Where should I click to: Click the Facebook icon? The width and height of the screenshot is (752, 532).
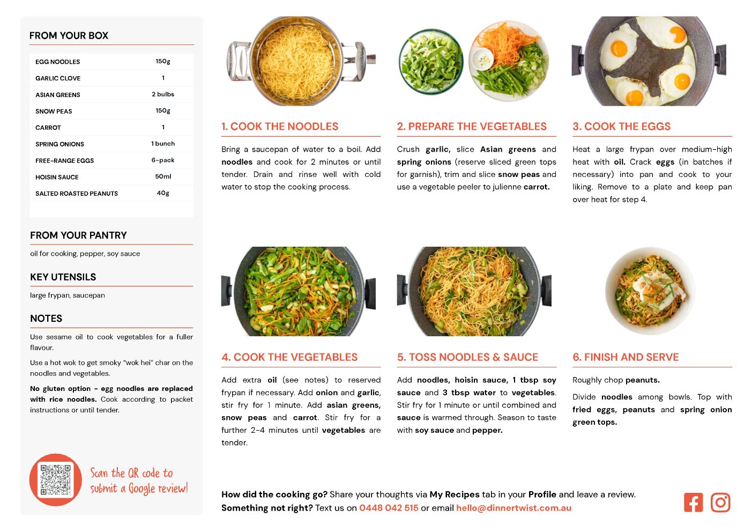point(693,503)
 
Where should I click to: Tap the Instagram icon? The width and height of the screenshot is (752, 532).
point(720,503)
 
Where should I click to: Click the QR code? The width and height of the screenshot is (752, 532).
point(56,479)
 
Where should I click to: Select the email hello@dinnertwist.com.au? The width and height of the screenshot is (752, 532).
point(513,508)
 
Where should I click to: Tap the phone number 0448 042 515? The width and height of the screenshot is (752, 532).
point(389,508)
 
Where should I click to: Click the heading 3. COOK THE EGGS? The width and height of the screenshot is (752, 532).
point(621,126)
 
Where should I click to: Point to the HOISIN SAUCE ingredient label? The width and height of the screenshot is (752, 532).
point(57,178)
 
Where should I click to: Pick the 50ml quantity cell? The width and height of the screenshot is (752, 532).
point(163,176)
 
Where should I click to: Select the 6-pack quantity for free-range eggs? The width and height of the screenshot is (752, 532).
point(163,160)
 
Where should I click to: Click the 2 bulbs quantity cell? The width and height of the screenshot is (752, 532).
point(163,94)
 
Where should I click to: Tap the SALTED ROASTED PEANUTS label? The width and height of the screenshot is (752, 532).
point(77,194)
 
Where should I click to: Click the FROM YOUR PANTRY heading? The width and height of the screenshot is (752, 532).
point(79,235)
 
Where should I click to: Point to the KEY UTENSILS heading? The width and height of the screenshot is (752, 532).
point(63,277)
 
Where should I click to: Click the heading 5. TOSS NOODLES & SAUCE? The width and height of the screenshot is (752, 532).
point(467,357)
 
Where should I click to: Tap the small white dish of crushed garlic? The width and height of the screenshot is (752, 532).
point(483,59)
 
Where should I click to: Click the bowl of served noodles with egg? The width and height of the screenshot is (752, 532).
point(650,291)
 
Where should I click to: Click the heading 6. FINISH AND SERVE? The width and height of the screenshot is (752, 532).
point(626,357)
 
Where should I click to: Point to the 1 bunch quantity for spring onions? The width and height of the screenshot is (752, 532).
point(163,144)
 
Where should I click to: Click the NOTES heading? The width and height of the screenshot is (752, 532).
point(46,319)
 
